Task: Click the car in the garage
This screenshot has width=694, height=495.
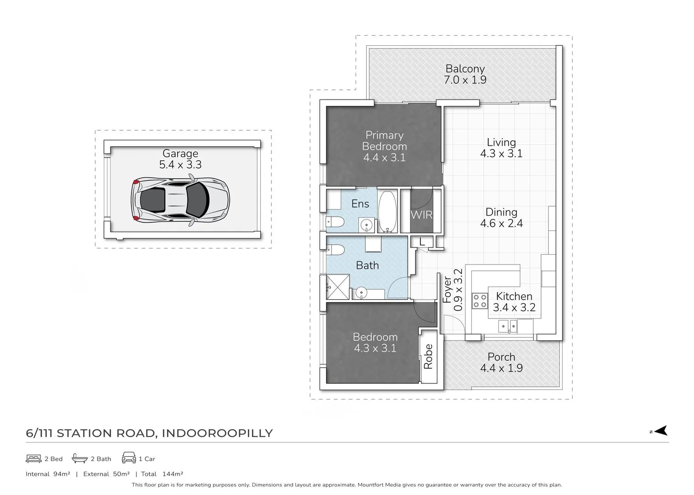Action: click(180, 200)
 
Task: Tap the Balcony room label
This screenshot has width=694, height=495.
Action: click(465, 69)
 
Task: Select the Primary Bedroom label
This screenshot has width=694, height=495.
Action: click(384, 141)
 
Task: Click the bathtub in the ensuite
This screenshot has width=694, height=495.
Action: click(388, 211)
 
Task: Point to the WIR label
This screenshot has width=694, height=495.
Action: click(421, 214)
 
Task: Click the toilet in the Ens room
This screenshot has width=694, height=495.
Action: click(335, 223)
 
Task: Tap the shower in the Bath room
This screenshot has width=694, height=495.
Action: click(338, 287)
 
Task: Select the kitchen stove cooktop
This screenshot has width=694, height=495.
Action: click(480, 301)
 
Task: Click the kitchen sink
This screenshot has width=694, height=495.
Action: click(508, 326)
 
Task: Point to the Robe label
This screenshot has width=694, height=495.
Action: click(428, 356)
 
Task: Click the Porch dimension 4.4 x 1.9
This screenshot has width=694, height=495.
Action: click(501, 368)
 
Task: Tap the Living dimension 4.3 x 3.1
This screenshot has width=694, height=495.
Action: click(501, 154)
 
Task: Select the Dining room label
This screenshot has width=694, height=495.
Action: click(501, 212)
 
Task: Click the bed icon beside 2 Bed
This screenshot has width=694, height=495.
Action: click(33, 458)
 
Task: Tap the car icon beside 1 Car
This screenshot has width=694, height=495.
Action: click(129, 458)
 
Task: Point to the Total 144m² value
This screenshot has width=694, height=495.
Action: click(173, 474)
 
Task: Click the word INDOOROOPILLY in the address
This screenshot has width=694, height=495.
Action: click(218, 433)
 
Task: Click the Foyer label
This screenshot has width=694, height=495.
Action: click(447, 290)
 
